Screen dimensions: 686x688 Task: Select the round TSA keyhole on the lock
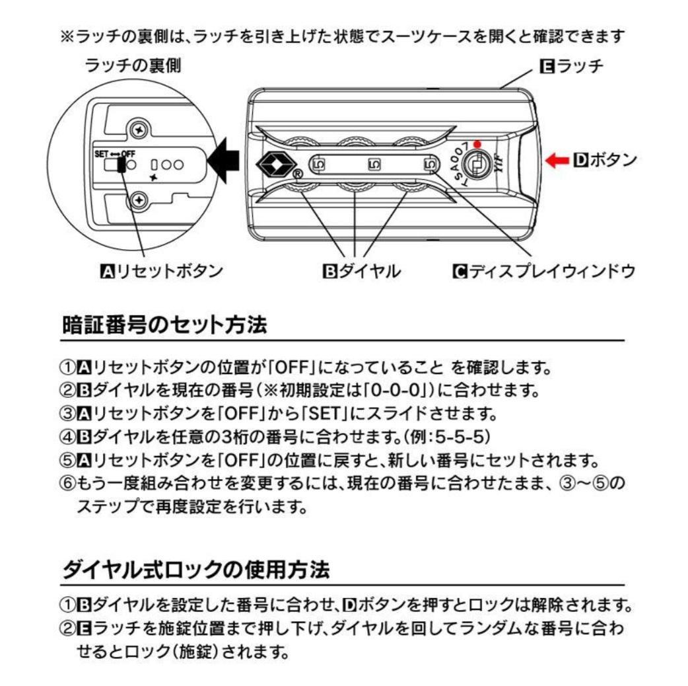(475, 162)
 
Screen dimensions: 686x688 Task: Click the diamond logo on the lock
(271, 163)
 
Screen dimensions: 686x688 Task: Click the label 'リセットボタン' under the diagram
(161, 270)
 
